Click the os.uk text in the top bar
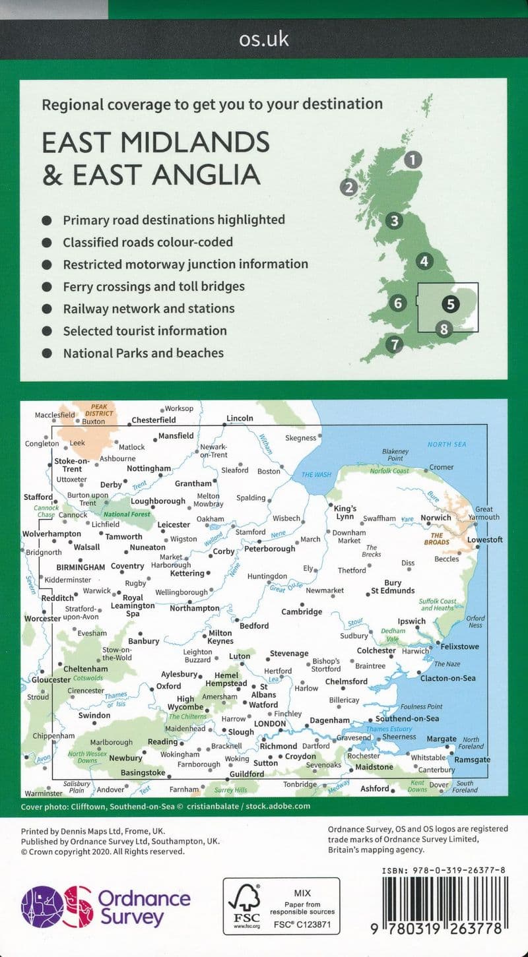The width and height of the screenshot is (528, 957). [x=264, y=39]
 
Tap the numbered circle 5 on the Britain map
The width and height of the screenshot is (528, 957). [x=450, y=304]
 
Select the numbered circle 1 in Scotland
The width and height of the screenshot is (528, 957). [x=413, y=159]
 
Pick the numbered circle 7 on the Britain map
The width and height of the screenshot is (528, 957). [x=394, y=344]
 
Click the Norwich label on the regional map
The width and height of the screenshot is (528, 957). [x=436, y=518]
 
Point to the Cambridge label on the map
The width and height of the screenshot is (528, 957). [x=302, y=611]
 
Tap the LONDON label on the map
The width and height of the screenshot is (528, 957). [x=270, y=724]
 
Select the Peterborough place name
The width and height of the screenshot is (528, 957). [x=270, y=548]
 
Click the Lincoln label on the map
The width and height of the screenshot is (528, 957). [x=240, y=418]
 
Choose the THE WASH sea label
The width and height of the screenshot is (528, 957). [x=316, y=474]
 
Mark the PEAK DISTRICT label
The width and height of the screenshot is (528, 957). [x=99, y=410]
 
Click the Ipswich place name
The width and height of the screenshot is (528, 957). [x=411, y=621]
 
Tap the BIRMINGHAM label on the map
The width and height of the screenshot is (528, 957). [x=81, y=567]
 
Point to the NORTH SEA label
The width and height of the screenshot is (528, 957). [x=447, y=445]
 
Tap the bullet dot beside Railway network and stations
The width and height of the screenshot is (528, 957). [x=47, y=309]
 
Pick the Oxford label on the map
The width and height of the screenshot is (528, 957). [x=168, y=687]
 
